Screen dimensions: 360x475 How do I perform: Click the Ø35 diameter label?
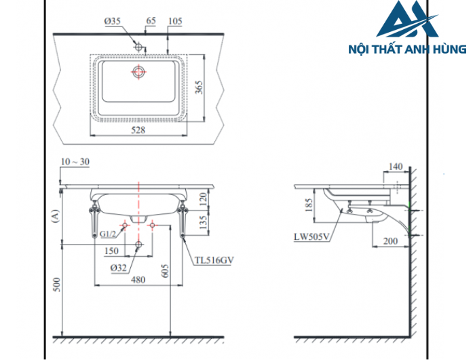coord(113,22)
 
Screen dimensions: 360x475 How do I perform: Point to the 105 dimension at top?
coord(174,22)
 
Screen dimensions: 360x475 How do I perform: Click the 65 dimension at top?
coord(151,22)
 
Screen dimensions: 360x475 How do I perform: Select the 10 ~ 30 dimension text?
coord(75,161)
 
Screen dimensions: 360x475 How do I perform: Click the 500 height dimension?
coord(56,285)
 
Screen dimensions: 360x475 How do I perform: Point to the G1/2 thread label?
coord(107,234)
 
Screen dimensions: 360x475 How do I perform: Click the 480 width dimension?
coord(138,278)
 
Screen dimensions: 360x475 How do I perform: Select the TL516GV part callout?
coord(214,259)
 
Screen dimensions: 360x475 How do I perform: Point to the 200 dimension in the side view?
coord(389,241)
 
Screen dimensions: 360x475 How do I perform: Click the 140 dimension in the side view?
coord(396,166)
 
